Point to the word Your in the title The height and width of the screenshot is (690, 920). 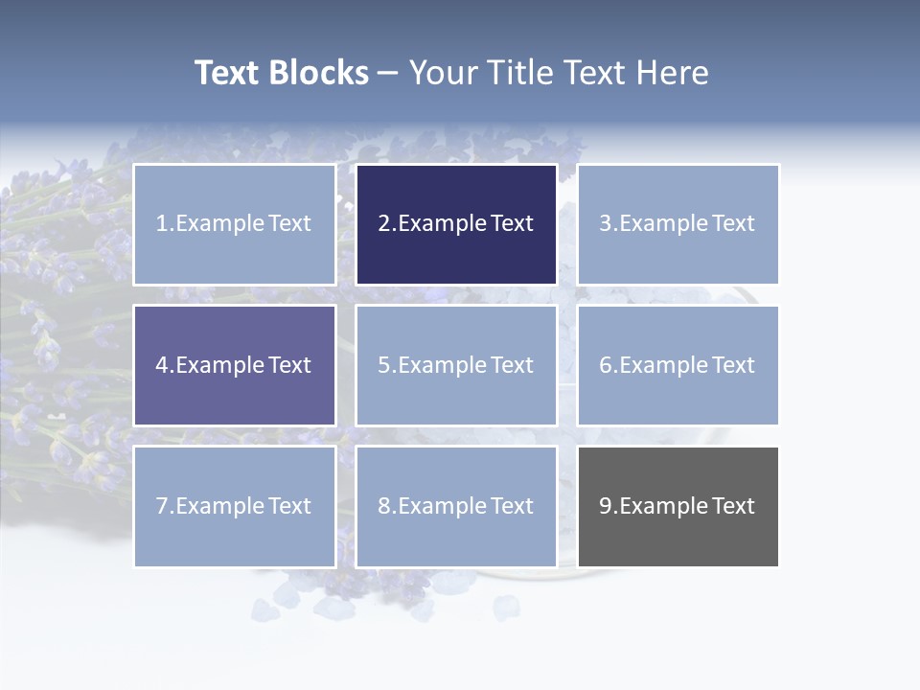click(x=445, y=73)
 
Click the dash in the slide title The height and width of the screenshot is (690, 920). click(x=388, y=73)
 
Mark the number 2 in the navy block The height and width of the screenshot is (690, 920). click(x=383, y=223)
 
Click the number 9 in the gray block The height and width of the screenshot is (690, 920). click(x=606, y=506)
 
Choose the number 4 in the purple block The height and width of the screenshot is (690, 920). click(x=162, y=365)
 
